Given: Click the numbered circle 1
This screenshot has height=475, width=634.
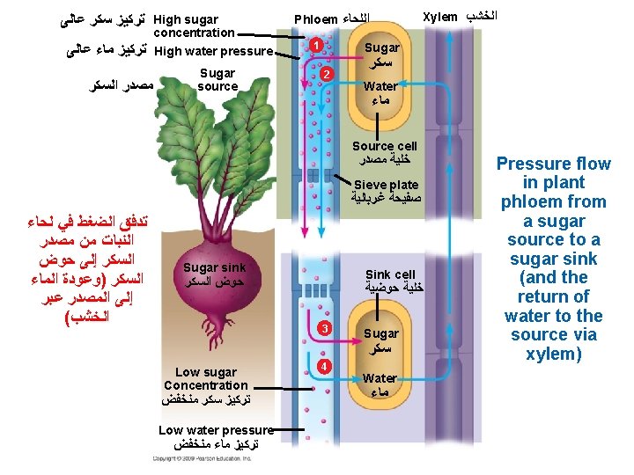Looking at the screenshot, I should (314, 45).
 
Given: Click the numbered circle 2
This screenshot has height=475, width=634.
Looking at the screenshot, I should (326, 73).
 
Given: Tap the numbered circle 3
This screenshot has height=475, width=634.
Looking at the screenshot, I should (324, 328).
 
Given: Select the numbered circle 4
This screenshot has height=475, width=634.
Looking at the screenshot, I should (325, 364).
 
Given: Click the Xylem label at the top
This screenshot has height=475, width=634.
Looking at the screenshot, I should (440, 17).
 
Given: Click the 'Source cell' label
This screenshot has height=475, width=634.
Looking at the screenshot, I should (384, 146).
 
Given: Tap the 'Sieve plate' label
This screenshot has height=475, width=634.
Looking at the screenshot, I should (385, 185).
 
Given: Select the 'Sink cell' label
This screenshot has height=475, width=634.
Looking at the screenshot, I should (390, 274).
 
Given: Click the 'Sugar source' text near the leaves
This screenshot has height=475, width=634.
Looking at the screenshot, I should (217, 79).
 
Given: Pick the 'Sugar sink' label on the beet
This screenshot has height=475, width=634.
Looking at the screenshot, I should (214, 267).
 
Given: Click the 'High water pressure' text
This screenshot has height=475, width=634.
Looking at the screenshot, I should (213, 51).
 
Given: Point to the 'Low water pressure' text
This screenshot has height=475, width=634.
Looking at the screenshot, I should (216, 429).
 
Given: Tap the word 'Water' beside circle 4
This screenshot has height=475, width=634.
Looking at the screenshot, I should (380, 378).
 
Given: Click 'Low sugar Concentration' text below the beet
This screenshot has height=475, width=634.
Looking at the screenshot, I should (205, 378).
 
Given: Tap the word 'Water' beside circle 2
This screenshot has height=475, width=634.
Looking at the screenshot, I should (380, 86).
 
